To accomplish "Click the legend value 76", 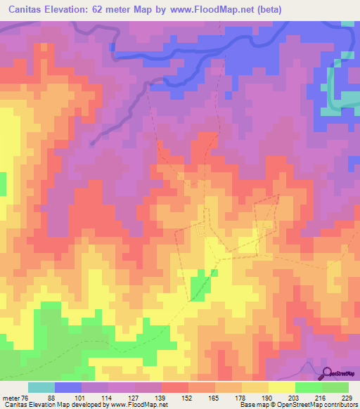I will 23,397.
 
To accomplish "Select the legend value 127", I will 129,397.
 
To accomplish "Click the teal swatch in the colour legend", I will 41,387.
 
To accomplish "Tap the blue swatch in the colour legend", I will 68,387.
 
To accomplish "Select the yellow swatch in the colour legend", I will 281,387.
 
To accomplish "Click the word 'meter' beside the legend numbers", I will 9,397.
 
